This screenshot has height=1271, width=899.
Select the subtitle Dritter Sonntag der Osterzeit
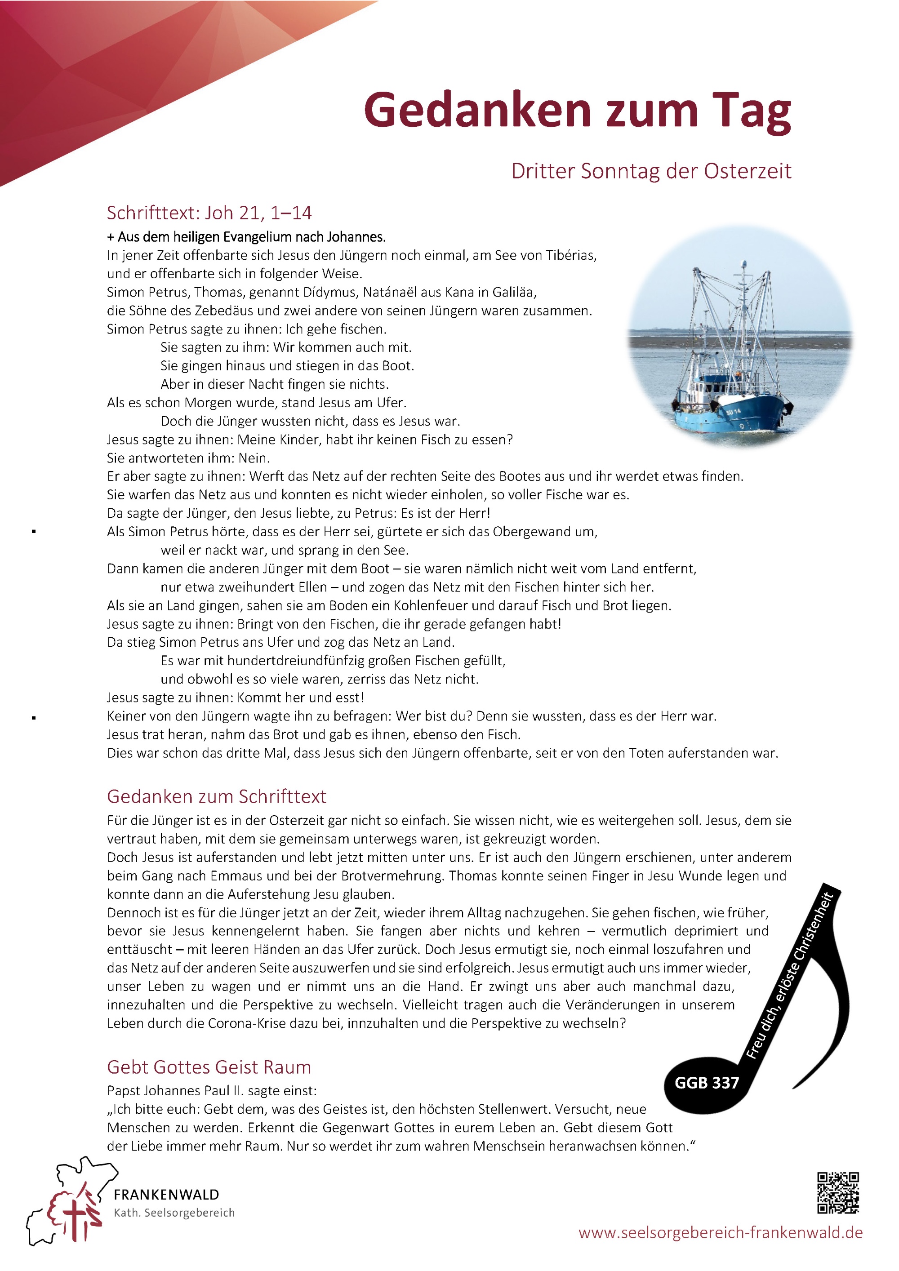[651, 171]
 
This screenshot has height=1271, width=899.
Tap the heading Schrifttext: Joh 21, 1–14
[209, 213]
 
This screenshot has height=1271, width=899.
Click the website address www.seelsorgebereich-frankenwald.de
[720, 1233]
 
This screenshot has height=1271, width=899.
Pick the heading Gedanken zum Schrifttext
[217, 796]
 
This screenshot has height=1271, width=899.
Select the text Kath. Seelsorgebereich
[174, 1212]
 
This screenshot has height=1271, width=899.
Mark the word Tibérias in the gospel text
[571, 255]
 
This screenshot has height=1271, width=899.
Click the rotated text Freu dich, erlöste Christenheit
[789, 974]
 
